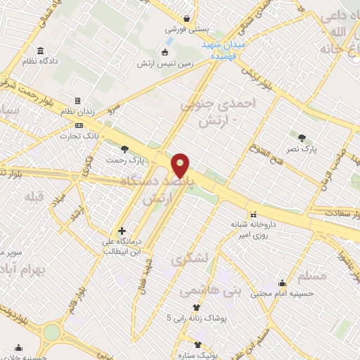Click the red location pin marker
pos(181,165)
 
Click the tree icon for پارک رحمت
pos(124,148)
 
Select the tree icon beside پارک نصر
pos(302,137)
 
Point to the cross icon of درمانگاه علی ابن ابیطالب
pos(122,230)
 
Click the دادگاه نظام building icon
pos(40,51)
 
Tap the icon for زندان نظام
pos(78,101)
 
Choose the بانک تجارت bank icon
pos(78,126)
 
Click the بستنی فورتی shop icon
pos(186,19)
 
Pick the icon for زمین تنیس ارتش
pos(165,51)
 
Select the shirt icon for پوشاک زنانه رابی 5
pos(195,307)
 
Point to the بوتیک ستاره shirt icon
pos(198,345)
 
